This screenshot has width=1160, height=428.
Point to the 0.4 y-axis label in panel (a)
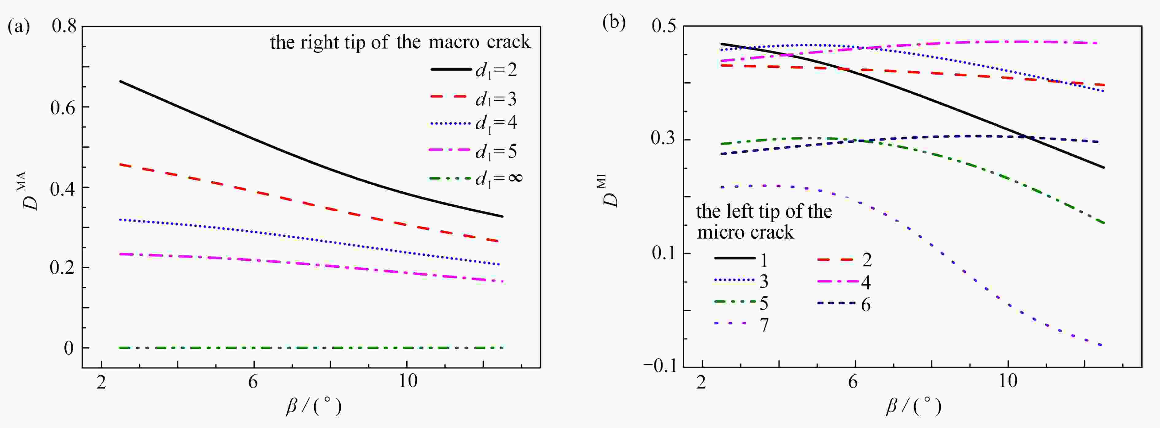coord(63,188)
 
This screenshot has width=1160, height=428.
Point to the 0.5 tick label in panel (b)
coord(663,26)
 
